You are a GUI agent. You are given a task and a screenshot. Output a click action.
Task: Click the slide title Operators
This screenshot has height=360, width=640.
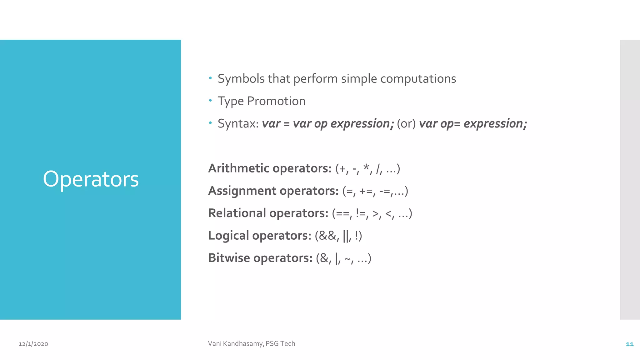[x=91, y=179]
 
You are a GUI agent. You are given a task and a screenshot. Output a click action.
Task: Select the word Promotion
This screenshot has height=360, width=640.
[x=276, y=101]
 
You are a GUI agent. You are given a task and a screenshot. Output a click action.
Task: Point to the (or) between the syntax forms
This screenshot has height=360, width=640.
[x=406, y=124]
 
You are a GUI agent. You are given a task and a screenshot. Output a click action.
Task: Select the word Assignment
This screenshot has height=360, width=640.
[x=242, y=191]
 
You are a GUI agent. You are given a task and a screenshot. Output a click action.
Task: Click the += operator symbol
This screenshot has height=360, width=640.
[x=366, y=191]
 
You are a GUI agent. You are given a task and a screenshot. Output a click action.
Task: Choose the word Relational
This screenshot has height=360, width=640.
[x=237, y=213]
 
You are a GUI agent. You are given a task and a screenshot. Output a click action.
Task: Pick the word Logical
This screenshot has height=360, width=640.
[x=228, y=236]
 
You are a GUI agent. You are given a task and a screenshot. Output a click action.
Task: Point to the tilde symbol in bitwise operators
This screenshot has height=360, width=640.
[x=347, y=259]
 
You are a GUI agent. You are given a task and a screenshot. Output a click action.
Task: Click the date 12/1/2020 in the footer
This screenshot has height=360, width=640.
[x=33, y=344]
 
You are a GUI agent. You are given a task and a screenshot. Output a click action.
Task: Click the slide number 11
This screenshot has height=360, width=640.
[x=629, y=344]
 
